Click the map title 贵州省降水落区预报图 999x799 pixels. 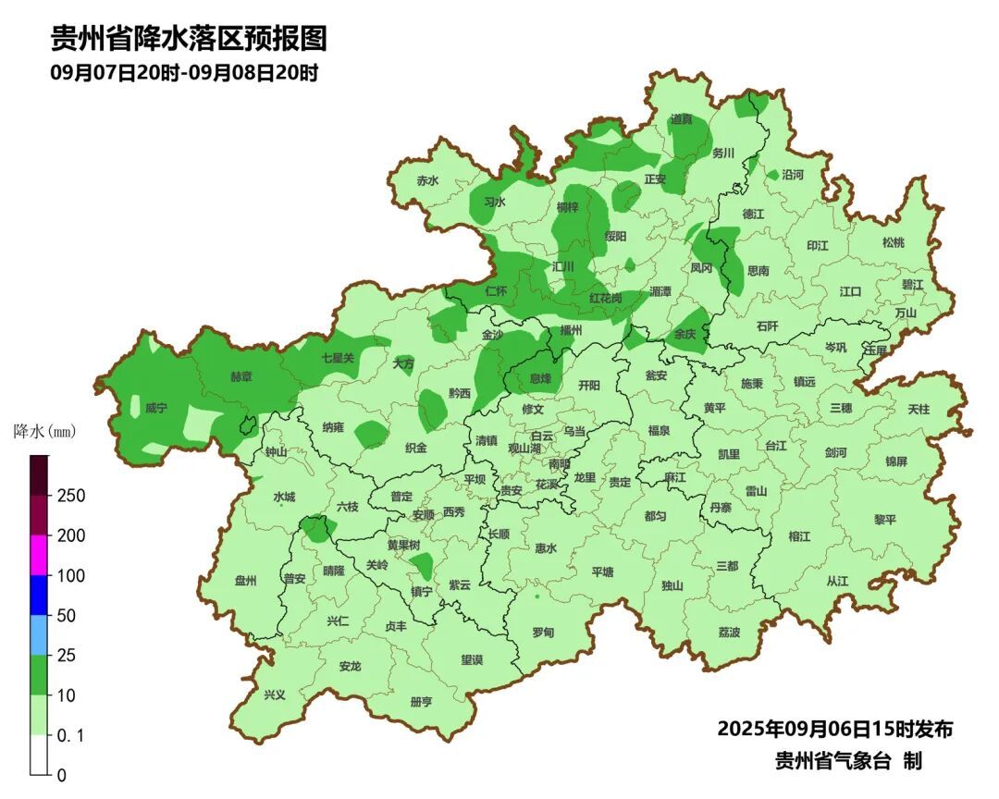[189, 38]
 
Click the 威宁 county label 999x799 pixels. [155, 408]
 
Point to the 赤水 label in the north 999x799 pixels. [427, 181]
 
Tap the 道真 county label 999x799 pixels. [682, 119]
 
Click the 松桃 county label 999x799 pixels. [893, 242]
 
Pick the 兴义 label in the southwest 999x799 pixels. [275, 695]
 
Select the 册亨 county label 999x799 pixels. [421, 702]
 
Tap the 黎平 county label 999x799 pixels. [885, 520]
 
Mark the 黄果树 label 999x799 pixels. [403, 545]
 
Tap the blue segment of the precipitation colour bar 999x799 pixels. [39, 595]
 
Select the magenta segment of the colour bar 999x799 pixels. [39, 555]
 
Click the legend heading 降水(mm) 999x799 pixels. [43, 431]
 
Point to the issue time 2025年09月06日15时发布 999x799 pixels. [834, 729]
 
